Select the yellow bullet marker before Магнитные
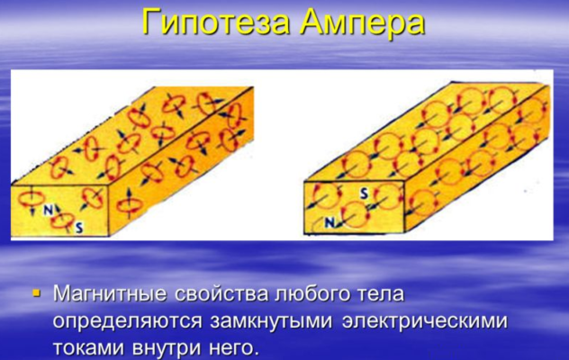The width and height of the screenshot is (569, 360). (36, 292)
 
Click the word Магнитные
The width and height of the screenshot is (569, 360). (110, 294)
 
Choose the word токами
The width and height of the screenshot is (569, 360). (86, 346)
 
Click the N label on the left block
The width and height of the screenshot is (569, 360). (48, 210)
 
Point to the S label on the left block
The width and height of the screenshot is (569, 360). (79, 229)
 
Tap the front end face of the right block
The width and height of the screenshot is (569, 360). (353, 209)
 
